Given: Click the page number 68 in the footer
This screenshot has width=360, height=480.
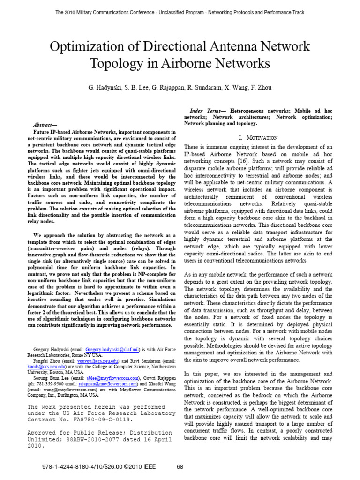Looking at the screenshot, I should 180,467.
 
